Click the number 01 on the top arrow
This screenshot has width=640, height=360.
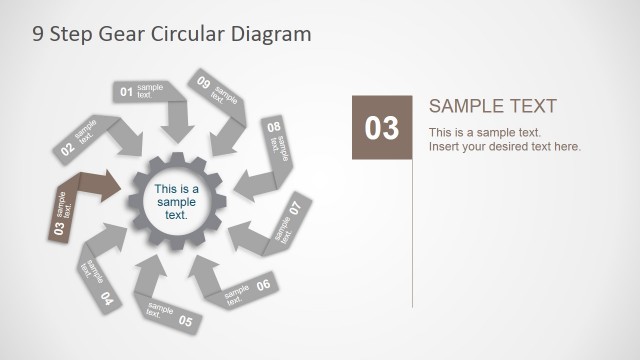click(x=127, y=93)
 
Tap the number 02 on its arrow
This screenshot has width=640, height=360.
click(x=67, y=150)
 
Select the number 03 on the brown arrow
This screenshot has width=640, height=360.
click(x=58, y=229)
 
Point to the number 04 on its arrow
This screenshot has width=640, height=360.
click(x=106, y=298)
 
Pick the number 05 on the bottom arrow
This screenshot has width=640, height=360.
click(x=185, y=322)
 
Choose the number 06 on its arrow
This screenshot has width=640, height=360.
click(x=263, y=285)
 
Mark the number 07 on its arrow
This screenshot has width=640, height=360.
click(x=295, y=209)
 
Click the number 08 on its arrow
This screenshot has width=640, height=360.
click(x=273, y=128)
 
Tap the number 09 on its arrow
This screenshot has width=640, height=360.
click(x=204, y=83)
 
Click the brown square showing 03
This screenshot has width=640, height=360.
click(x=382, y=127)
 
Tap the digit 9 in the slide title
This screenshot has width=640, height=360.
click(x=37, y=34)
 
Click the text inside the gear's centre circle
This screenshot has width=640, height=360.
click(x=177, y=201)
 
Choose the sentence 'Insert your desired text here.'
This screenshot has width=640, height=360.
click(x=505, y=147)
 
